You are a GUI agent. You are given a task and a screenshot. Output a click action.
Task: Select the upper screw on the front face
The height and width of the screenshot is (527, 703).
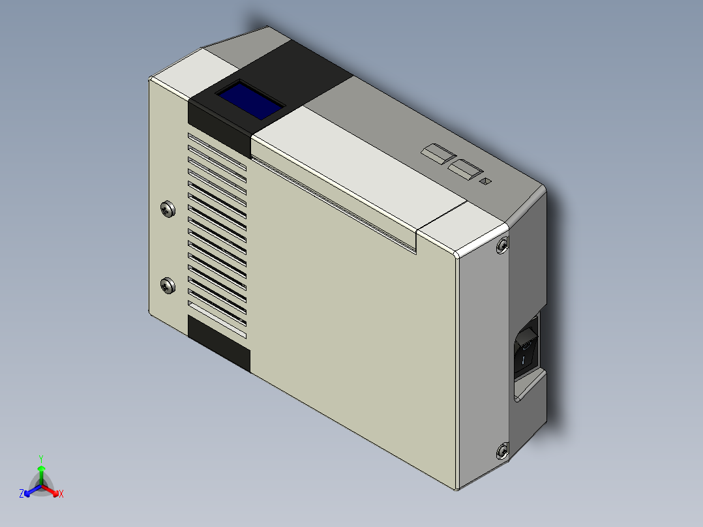pos(168,209)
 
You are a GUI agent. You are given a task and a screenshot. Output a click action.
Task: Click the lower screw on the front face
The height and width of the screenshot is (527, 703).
pos(168,285)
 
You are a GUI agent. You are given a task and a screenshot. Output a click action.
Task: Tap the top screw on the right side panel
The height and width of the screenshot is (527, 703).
pos(501,245)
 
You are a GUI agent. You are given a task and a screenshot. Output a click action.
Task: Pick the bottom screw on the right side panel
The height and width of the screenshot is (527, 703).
pos(502,451)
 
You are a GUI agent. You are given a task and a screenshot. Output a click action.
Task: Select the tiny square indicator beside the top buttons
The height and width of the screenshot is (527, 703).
pos(485,181)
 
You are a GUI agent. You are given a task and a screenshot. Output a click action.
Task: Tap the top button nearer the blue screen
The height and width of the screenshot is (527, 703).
pos(438,154)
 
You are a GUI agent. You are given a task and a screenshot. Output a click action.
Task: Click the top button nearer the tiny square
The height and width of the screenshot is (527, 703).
pos(464,170)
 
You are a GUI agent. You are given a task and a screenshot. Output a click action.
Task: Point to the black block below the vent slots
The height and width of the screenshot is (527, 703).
pos(218,343)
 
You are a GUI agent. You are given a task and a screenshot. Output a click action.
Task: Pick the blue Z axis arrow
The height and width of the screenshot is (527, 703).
pos(30,491)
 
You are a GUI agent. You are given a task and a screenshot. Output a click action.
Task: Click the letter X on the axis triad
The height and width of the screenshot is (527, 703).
pos(61,494)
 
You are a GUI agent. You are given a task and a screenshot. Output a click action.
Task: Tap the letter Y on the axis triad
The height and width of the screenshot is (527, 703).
pos(41,459)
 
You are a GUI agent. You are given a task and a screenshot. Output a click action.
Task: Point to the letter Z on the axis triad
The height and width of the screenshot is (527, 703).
pos(22,494)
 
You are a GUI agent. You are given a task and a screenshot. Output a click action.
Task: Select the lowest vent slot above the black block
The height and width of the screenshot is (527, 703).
pos(217,314)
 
